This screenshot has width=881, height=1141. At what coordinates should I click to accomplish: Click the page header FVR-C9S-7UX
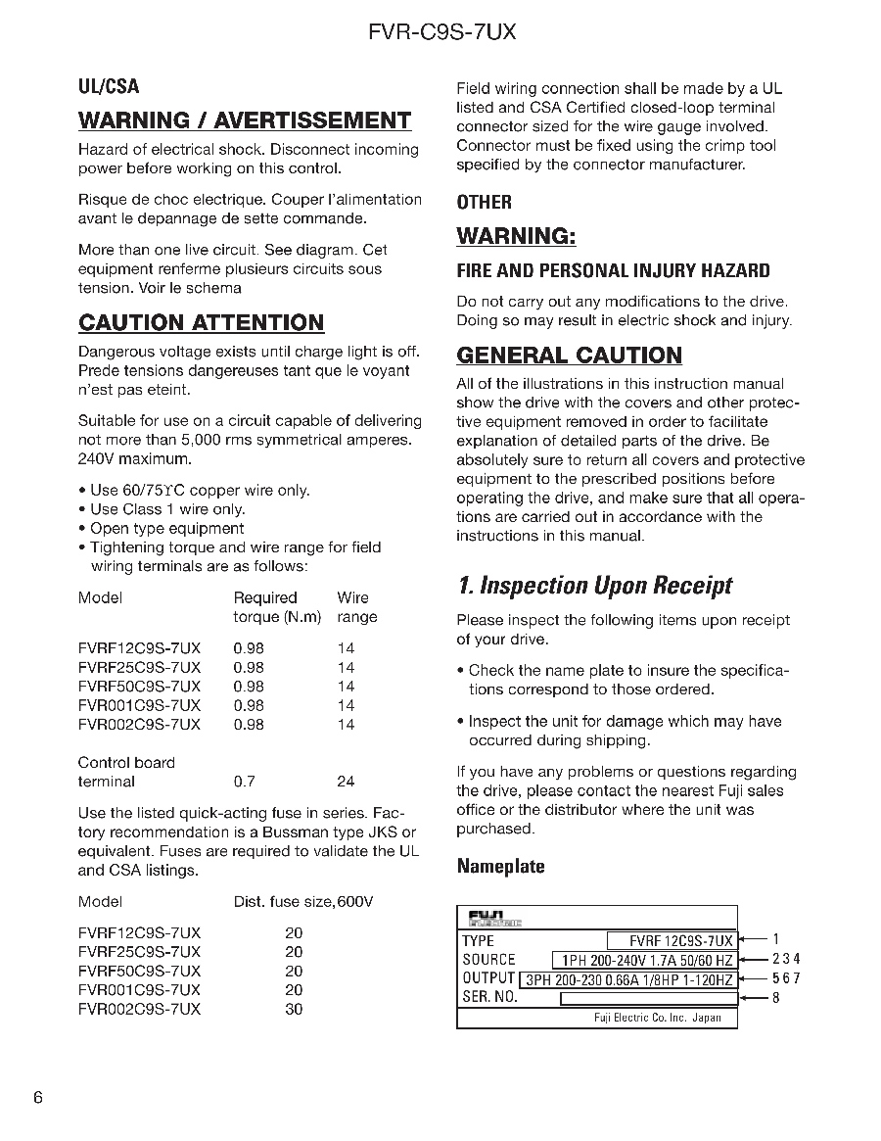pos(441,31)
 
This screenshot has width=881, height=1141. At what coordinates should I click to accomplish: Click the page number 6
pos(38,1097)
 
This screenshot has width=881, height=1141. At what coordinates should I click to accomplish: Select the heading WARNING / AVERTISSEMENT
pos(245,120)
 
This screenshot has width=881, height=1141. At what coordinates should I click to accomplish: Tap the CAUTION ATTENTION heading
pos(201,322)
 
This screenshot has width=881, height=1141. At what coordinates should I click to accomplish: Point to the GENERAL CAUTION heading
pos(569,355)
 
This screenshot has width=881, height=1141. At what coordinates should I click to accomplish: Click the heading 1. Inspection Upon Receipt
pos(594,585)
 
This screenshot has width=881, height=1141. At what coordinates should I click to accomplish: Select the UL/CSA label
pos(109,86)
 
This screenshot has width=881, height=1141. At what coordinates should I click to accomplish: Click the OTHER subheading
pos(484,202)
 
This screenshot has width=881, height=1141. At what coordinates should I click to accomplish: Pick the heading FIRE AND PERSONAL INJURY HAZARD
pos(613,270)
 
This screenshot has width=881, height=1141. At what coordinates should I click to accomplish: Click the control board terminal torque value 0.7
pos(244,782)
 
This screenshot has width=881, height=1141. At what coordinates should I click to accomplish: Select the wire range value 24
pos(346,782)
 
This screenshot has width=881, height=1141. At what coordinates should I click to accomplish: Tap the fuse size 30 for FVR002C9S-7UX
pos(294,1009)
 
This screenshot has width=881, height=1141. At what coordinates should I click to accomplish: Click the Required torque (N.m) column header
pos(277,607)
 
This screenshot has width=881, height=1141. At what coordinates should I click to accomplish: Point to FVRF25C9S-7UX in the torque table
pos(139,667)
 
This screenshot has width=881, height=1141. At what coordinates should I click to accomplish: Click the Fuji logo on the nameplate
pos(494,919)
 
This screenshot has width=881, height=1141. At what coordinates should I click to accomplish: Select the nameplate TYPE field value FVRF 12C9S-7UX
pos(672,940)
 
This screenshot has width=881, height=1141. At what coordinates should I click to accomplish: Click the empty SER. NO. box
pos(648,999)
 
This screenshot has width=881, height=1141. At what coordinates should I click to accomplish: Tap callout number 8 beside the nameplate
pos(776,998)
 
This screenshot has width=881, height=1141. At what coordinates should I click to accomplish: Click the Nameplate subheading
pos(500,866)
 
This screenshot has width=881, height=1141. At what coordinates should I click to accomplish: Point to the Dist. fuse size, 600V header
pos(303,901)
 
